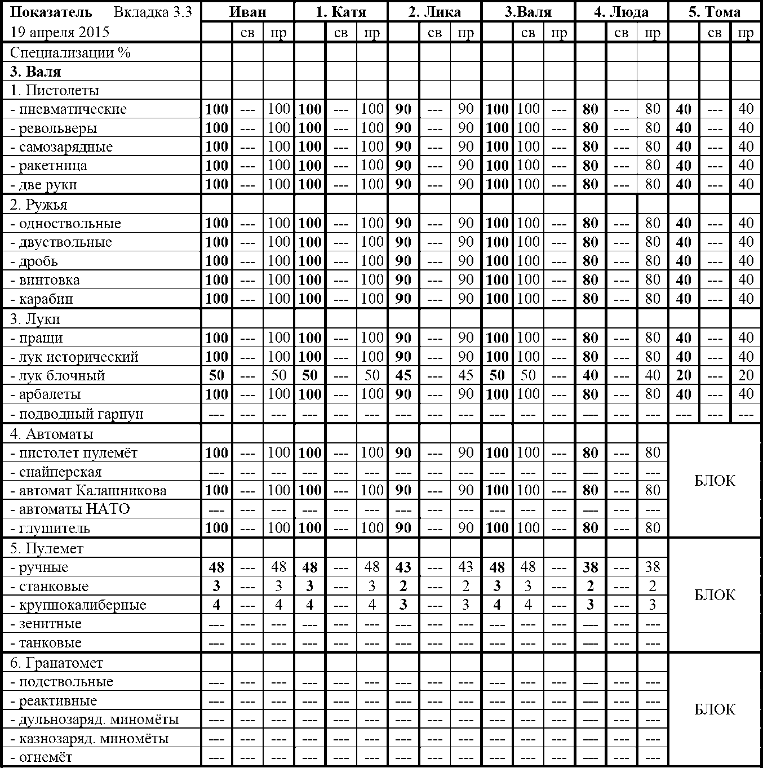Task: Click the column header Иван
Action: (247, 12)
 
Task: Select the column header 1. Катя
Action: (341, 12)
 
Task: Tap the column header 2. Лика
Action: (434, 12)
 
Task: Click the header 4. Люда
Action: (621, 12)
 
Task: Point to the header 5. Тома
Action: (715, 12)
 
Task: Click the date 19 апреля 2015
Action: (60, 32)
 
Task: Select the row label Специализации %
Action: (70, 53)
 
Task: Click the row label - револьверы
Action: (58, 128)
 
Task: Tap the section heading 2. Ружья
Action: (39, 205)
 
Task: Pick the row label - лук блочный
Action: (62, 376)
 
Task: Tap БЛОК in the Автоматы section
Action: (715, 481)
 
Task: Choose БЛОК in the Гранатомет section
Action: (715, 709)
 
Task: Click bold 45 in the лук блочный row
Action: (403, 376)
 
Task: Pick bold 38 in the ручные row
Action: (590, 567)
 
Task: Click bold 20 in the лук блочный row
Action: (684, 376)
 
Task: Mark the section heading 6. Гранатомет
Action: (56, 663)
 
